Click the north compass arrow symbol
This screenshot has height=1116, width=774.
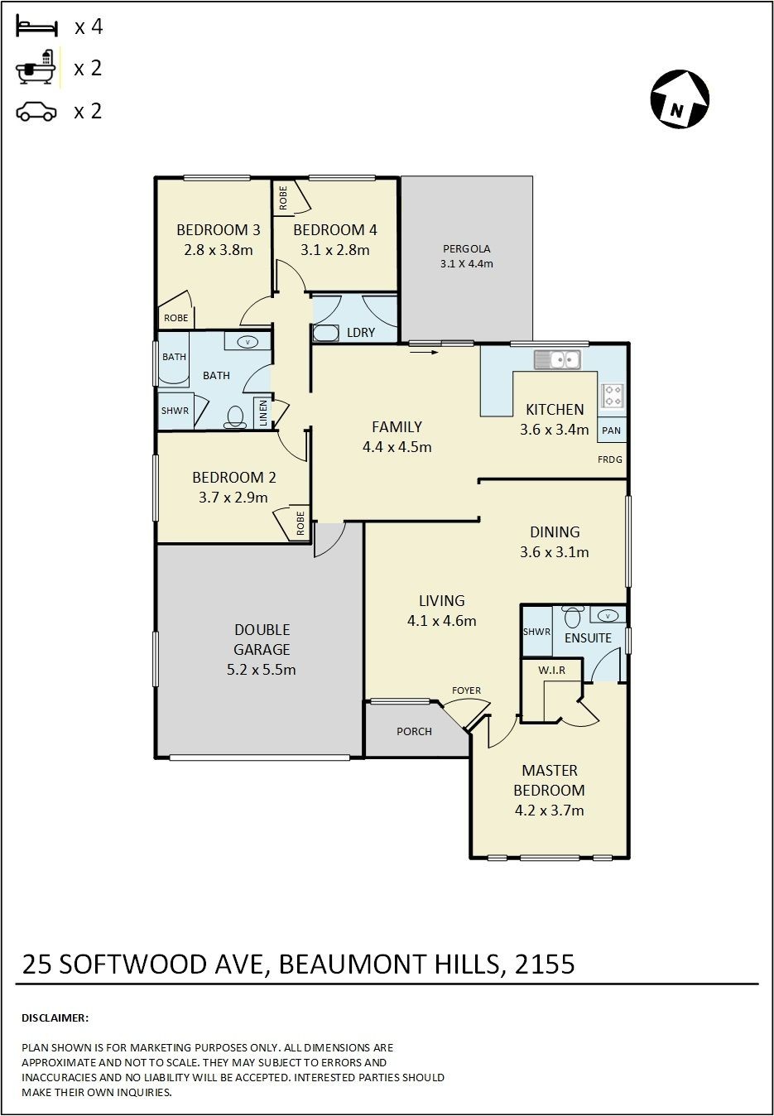[x=680, y=99]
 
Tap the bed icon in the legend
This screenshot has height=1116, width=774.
[x=37, y=26]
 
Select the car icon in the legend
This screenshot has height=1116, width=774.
[x=36, y=112]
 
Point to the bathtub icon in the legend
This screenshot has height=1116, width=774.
[x=36, y=67]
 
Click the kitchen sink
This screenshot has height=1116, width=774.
[x=557, y=359]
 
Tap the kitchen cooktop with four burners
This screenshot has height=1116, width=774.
[x=612, y=395]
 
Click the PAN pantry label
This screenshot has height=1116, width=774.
[x=611, y=430]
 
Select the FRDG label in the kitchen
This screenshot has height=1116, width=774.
[x=609, y=459]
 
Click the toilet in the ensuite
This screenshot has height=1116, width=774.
[x=574, y=617]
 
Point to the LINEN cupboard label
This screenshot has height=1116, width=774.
[x=263, y=413]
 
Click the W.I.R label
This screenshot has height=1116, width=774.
[x=551, y=670]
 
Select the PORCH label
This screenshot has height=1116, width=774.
[x=414, y=731]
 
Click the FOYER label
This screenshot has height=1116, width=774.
[x=466, y=690]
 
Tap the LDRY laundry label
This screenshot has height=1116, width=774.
[x=361, y=332]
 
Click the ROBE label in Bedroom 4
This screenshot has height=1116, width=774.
[x=283, y=198]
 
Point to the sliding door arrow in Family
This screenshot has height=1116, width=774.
[x=425, y=352]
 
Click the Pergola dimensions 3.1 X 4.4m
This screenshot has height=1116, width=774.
[x=466, y=263]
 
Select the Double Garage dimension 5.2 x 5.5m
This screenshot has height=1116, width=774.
[x=261, y=669]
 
